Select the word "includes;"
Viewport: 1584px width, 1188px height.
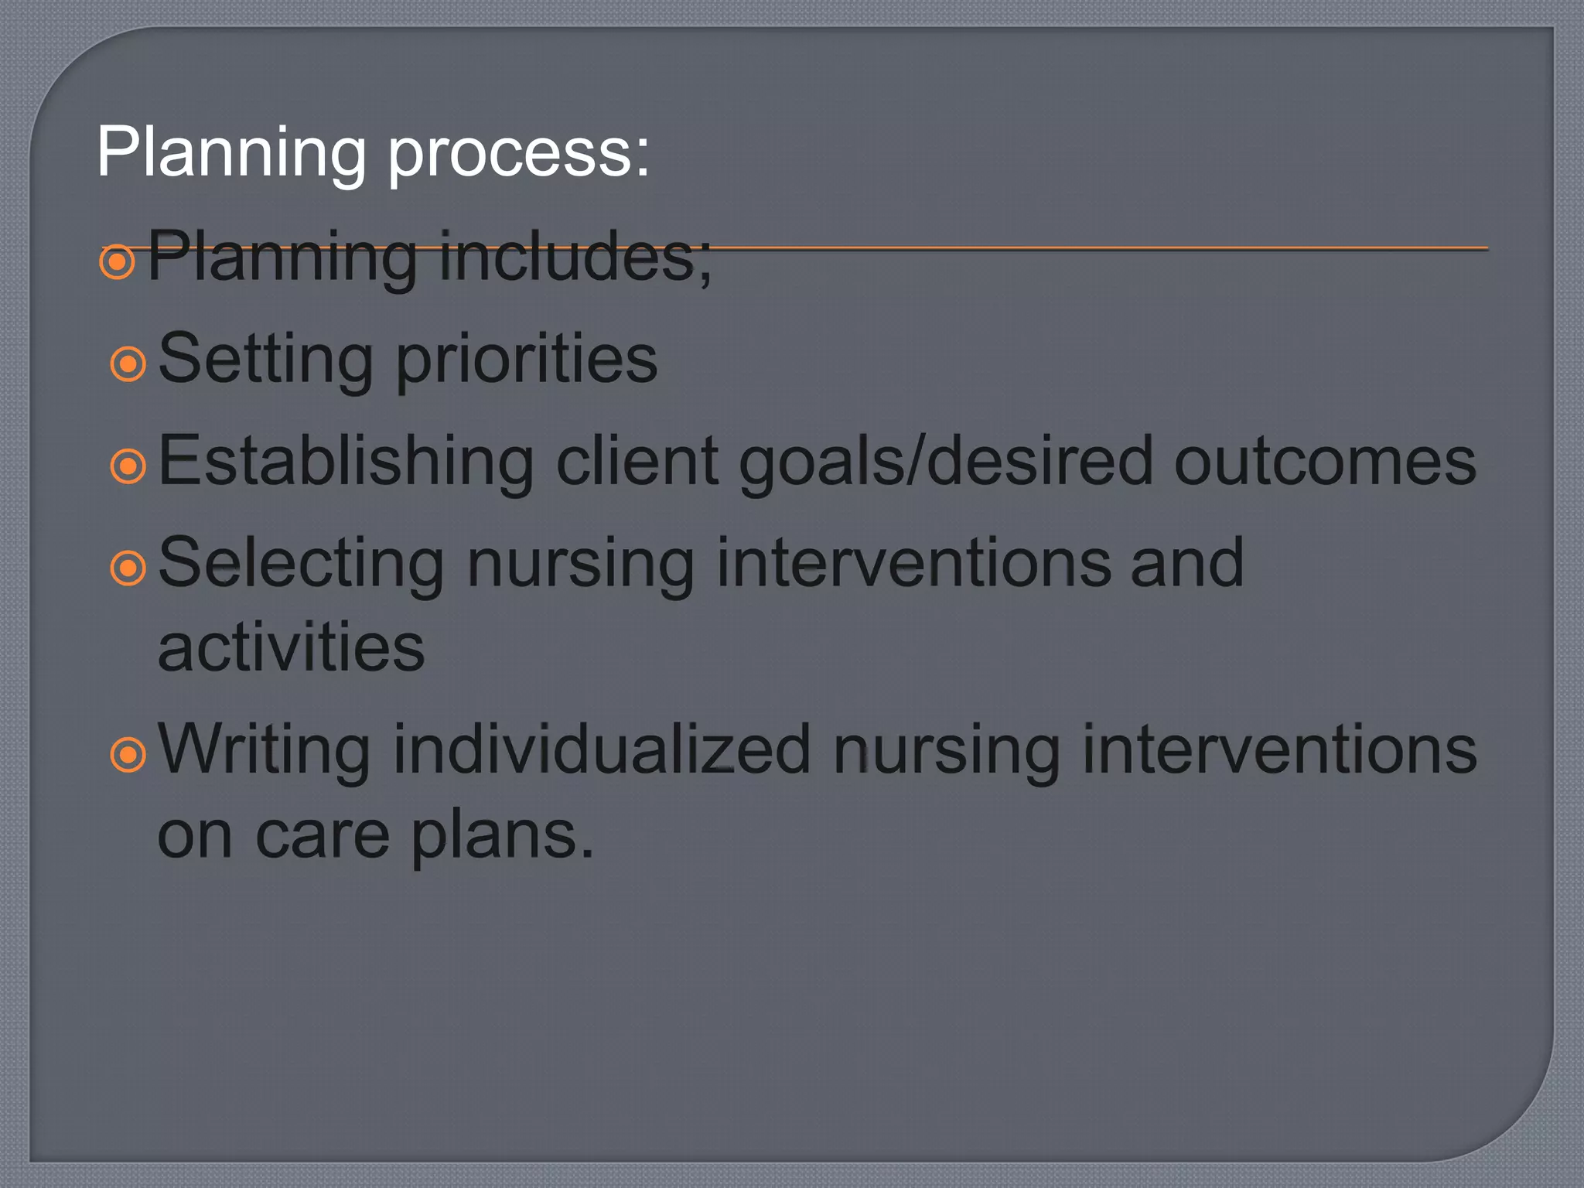click(575, 257)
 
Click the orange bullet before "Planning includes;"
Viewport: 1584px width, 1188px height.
click(118, 262)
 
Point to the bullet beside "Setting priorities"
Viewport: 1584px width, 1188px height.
click(128, 364)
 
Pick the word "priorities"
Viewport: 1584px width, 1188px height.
click(526, 360)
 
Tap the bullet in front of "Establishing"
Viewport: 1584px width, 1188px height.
click(128, 466)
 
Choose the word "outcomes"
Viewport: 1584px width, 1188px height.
click(1325, 463)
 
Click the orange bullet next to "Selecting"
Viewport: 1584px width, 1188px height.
click(128, 568)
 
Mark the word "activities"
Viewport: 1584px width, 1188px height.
click(291, 648)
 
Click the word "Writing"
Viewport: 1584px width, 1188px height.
click(264, 750)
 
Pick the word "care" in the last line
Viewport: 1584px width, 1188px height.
click(322, 835)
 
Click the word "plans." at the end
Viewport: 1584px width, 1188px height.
click(502, 837)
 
